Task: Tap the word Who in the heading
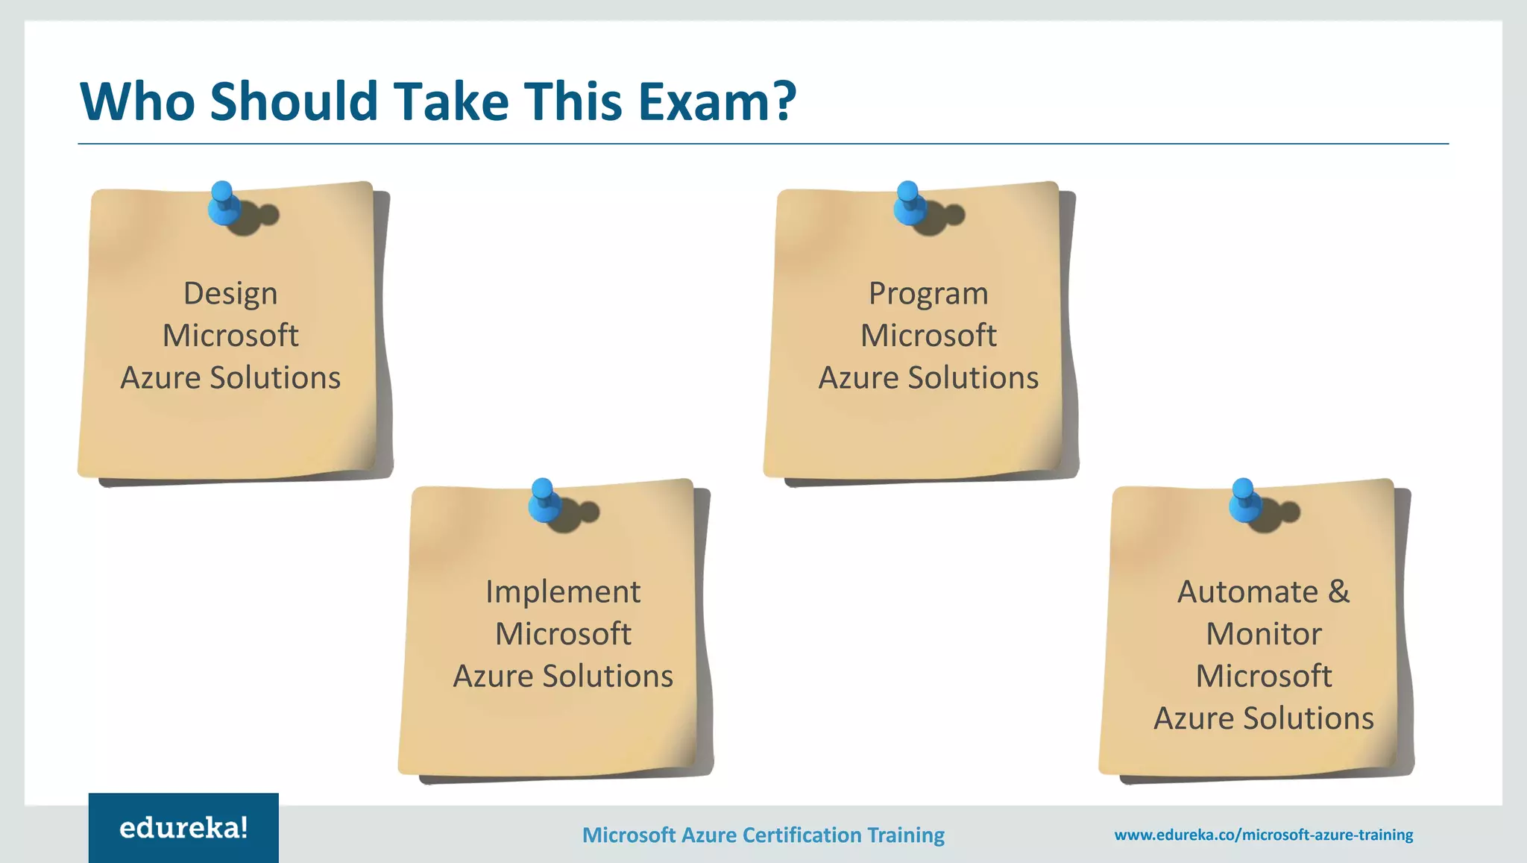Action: click(x=137, y=101)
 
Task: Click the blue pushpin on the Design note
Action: click(x=223, y=204)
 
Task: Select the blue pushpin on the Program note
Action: click(x=909, y=204)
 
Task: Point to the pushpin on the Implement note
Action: click(x=544, y=500)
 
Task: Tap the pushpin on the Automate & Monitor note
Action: click(x=1244, y=500)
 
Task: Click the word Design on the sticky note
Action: click(x=230, y=293)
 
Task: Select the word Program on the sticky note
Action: click(x=928, y=293)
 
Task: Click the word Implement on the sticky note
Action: click(x=563, y=591)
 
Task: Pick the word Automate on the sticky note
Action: click(x=1247, y=591)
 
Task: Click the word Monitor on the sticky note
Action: click(x=1264, y=634)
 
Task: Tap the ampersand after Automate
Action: click(x=1339, y=591)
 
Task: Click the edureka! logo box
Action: click(x=183, y=828)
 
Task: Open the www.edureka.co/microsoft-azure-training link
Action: click(x=1263, y=835)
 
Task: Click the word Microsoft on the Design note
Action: click(x=230, y=336)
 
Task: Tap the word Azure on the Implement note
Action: click(x=493, y=677)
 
